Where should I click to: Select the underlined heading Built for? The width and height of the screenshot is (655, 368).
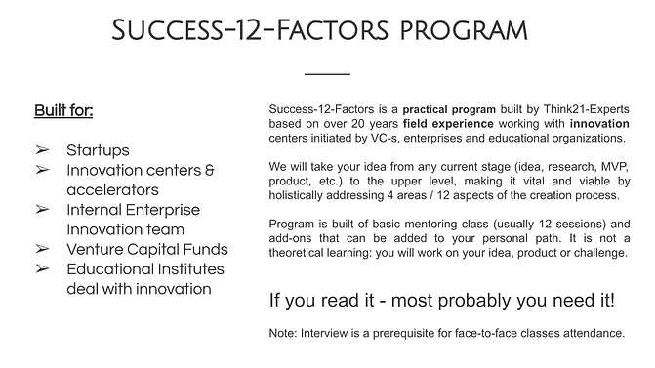(64, 109)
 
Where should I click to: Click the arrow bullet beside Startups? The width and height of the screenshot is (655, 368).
(43, 150)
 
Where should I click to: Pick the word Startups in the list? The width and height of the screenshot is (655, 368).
(98, 150)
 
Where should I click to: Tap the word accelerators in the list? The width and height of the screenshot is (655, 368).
(112, 189)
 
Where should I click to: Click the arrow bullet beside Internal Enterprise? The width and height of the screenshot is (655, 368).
(43, 210)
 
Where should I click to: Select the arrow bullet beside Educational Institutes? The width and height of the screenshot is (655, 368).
(43, 268)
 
